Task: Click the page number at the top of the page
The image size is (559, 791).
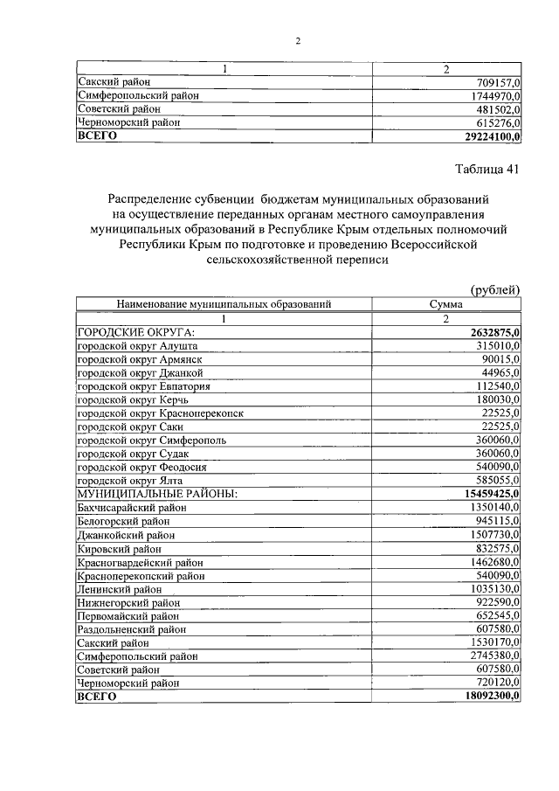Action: pos(298,41)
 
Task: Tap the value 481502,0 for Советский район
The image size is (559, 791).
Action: pos(495,109)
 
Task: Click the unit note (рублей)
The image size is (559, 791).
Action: pos(495,289)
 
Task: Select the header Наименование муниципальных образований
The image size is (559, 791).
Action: pos(224,304)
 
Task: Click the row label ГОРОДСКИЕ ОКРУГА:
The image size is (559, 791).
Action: pos(135,332)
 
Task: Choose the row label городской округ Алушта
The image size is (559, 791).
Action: pos(137,346)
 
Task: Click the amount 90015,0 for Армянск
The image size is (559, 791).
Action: pos(499,360)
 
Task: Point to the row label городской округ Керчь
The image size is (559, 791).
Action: pos(134,399)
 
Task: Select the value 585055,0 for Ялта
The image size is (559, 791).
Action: pos(495,481)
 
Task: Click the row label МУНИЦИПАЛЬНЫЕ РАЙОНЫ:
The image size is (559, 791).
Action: pos(157,495)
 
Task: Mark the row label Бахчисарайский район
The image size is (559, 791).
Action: pos(132,508)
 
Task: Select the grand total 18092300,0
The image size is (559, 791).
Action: pos(487,696)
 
